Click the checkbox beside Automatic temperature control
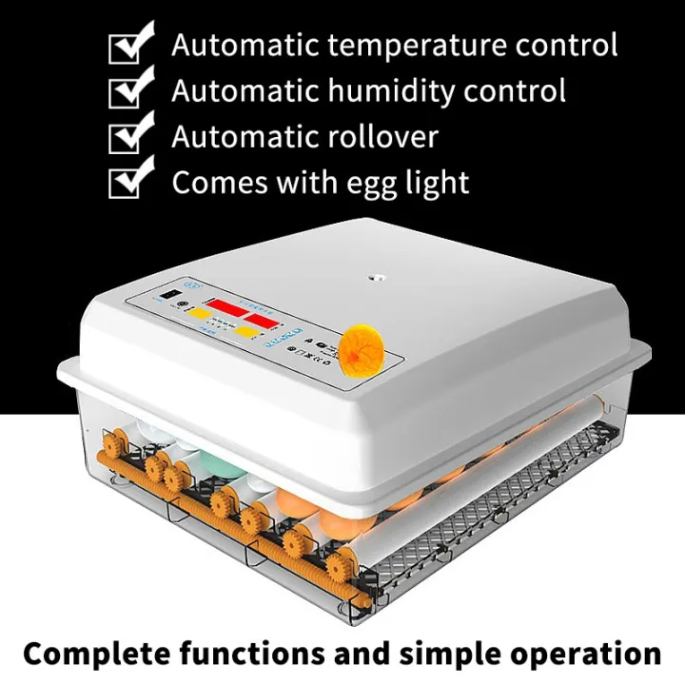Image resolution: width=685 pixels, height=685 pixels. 129,47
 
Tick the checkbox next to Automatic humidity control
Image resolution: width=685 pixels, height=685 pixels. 129,92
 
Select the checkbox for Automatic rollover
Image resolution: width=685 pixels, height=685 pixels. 129,137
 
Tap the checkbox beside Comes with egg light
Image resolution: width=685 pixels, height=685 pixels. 129,182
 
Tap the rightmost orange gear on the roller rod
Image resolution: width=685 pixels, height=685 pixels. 336,569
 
